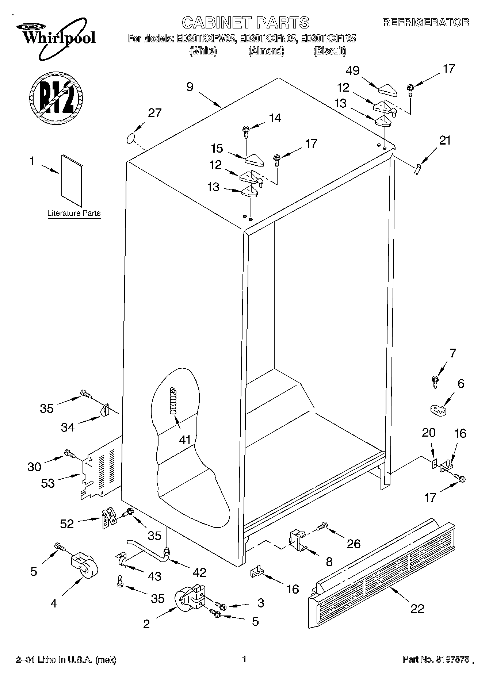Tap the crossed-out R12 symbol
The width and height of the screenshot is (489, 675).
coord(56,97)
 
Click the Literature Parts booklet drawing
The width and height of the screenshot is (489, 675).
coord(72,181)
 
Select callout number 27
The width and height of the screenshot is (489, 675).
coord(154,113)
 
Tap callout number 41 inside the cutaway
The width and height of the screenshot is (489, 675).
coord(185,439)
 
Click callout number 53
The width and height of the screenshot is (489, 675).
coord(47,483)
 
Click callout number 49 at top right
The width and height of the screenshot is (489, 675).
coord(353,71)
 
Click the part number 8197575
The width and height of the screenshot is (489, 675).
coord(451,660)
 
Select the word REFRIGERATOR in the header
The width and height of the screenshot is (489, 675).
coord(425,23)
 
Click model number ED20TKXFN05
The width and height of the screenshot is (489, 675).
coord(267,39)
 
